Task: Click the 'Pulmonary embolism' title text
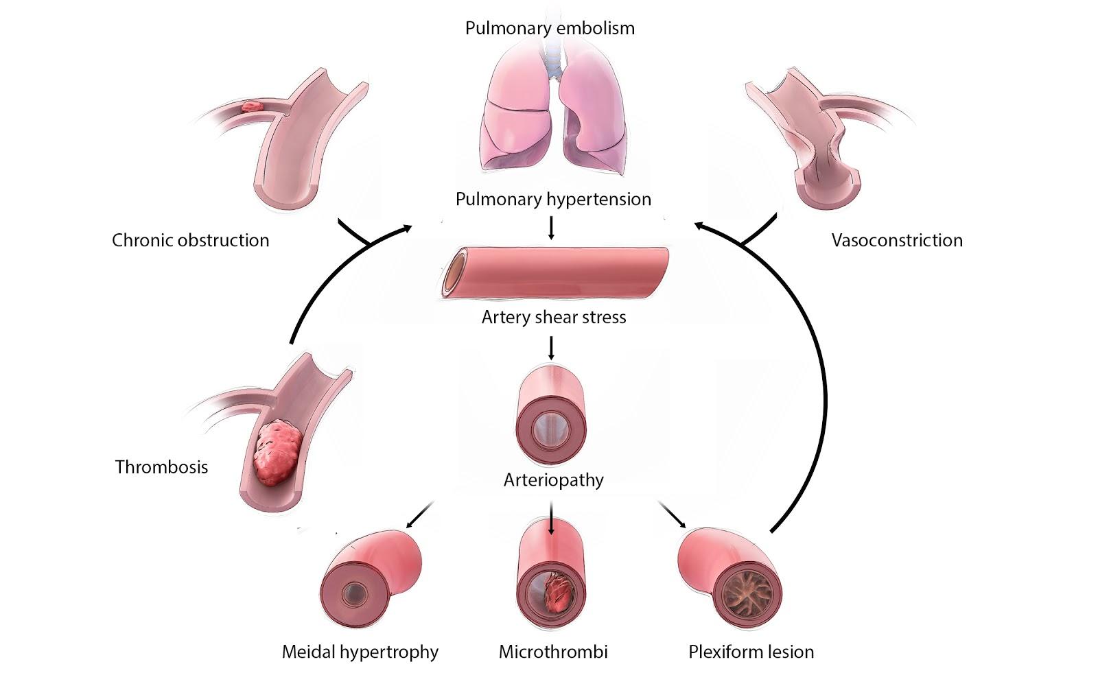click(550, 28)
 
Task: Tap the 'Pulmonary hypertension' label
click(553, 199)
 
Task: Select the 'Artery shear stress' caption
click(554, 317)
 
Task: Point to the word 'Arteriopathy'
click(553, 479)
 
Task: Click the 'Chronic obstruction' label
click(190, 240)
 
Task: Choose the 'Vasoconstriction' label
click(896, 240)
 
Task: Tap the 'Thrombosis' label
click(161, 466)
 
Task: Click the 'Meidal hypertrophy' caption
click(360, 651)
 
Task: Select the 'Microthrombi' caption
click(553, 651)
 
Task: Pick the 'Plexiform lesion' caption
click(751, 651)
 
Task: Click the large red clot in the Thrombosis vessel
click(277, 453)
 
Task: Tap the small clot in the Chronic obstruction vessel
click(252, 107)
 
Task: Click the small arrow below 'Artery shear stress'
click(551, 348)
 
